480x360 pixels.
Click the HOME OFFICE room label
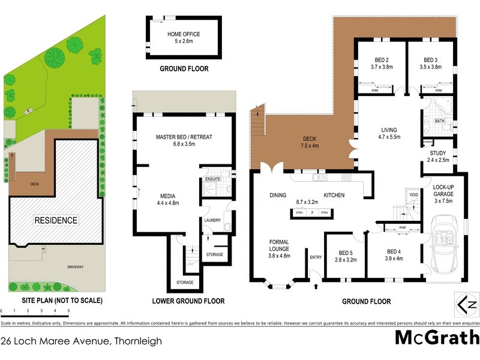[x=184, y=34]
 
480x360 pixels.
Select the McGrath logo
[x=437, y=338]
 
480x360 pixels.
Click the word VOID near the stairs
[x=413, y=195]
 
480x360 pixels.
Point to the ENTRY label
[x=316, y=257]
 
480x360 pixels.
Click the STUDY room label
[x=438, y=152]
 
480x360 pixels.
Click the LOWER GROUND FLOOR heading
[x=188, y=301]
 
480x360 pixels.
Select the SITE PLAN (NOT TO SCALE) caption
[x=53, y=300]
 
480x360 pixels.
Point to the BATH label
[x=439, y=121]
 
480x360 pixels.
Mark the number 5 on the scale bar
[x=68, y=311]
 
